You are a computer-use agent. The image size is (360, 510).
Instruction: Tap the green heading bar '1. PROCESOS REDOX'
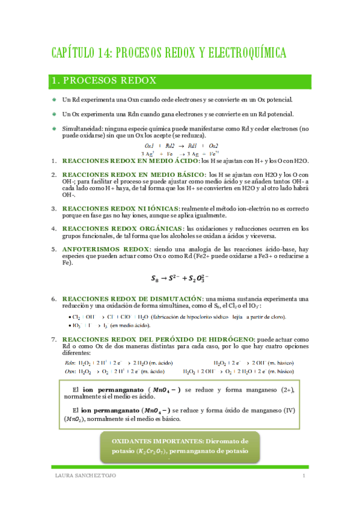click(x=180, y=81)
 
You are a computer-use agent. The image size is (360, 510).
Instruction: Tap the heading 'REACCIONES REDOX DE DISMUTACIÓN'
click(x=132, y=298)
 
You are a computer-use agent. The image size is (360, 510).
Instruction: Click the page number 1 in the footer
click(x=305, y=477)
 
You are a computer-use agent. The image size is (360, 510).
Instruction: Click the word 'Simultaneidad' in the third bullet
click(x=82, y=129)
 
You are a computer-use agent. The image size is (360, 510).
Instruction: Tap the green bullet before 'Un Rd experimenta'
click(x=54, y=99)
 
